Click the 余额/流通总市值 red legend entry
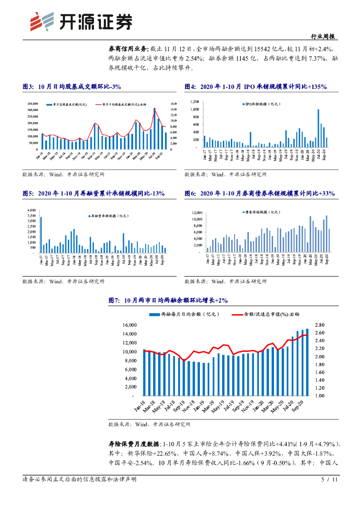pos(266,314)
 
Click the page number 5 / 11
pos(330,480)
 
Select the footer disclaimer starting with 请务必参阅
pos(80,480)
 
